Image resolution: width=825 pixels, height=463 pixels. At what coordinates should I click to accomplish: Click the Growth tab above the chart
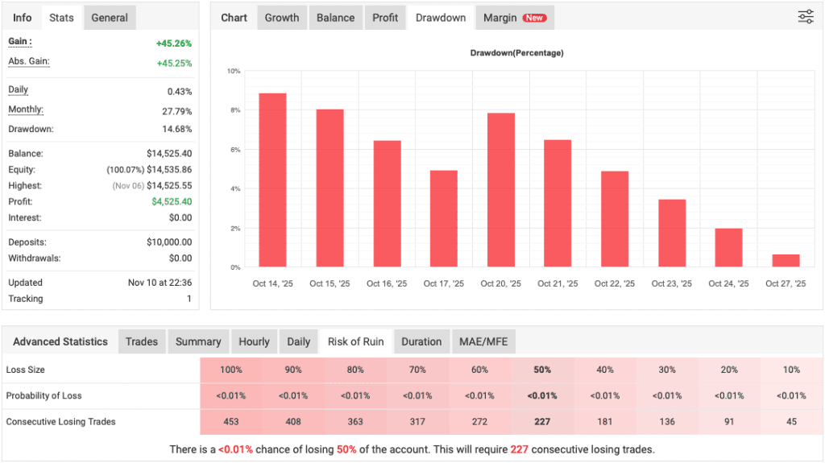coord(282,18)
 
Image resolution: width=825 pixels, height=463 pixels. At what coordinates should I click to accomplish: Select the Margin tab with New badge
coord(513,18)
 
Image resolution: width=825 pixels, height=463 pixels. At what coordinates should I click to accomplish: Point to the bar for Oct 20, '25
coord(501,189)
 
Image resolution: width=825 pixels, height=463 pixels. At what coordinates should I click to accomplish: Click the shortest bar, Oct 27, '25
coord(786,260)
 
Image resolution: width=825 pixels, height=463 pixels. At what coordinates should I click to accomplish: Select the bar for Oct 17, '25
coord(444,218)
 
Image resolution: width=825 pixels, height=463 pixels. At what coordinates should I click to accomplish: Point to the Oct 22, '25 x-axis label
coord(615,283)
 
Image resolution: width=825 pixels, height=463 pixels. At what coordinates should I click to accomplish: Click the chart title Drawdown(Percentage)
coord(516,53)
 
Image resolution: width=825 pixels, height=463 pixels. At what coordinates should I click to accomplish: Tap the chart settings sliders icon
coord(805,17)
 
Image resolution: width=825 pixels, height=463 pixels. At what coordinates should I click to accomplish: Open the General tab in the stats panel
coord(110,18)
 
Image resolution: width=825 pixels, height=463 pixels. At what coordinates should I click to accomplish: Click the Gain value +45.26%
coord(174,44)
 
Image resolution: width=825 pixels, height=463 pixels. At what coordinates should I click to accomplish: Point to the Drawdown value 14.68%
coord(177,129)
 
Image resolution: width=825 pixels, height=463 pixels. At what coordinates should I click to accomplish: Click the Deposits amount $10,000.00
coord(169,242)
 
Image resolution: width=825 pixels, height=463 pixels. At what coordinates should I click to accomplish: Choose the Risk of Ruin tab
coord(355,341)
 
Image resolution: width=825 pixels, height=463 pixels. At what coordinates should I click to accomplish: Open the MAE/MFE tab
coord(483,341)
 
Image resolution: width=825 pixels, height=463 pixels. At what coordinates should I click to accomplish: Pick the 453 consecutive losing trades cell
coord(231,422)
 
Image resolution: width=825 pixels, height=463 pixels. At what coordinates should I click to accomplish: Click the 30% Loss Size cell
coord(667,370)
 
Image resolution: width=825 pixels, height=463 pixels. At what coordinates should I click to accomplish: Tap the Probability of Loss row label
coord(44,395)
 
